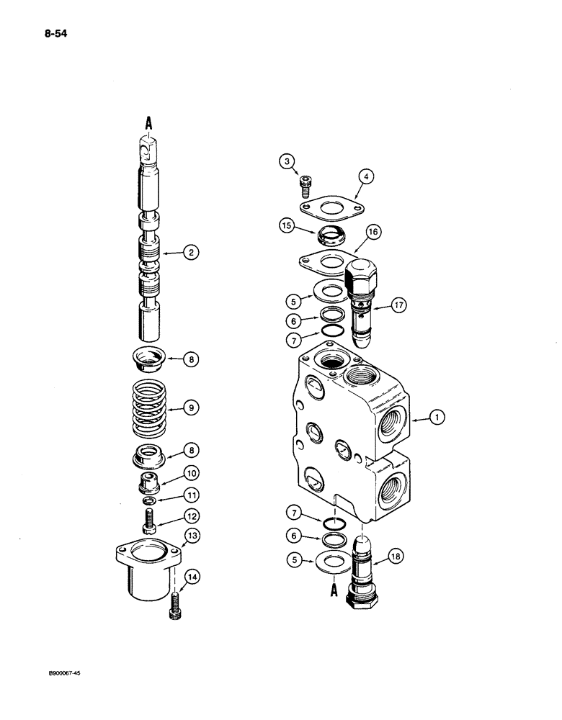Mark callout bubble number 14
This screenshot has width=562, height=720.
pyautogui.click(x=193, y=575)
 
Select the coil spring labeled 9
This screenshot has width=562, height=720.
pyautogui.click(x=153, y=408)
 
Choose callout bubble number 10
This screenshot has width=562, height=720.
pyautogui.click(x=193, y=474)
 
